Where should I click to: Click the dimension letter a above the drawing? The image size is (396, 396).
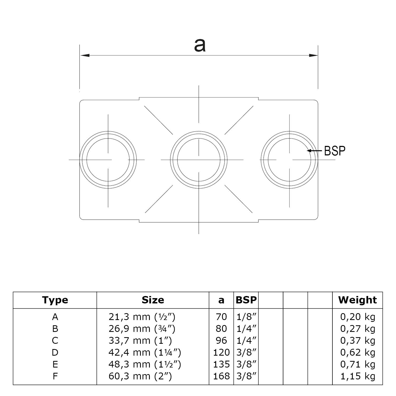pos(200,45)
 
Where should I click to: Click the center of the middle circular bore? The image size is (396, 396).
pos(199,160)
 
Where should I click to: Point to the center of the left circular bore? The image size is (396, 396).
pos(108,160)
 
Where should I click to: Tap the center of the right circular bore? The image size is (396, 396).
pos(290,160)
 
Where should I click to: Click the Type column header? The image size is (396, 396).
pos(55,300)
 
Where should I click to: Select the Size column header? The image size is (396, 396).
pos(153,300)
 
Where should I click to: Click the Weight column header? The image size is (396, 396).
pos(357,300)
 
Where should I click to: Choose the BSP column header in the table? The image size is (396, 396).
pos(246,300)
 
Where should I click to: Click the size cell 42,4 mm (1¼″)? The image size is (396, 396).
pos(145,352)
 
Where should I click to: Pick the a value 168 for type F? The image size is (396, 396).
pos(222,376)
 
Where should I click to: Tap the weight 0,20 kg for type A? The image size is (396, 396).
pos(357,317)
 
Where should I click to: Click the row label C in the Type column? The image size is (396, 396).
pos(55,341)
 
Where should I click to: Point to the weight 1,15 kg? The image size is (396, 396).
pos(357,376)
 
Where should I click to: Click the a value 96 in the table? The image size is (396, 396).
pos(221,341)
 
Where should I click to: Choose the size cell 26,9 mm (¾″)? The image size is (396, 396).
pos(142,329)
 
